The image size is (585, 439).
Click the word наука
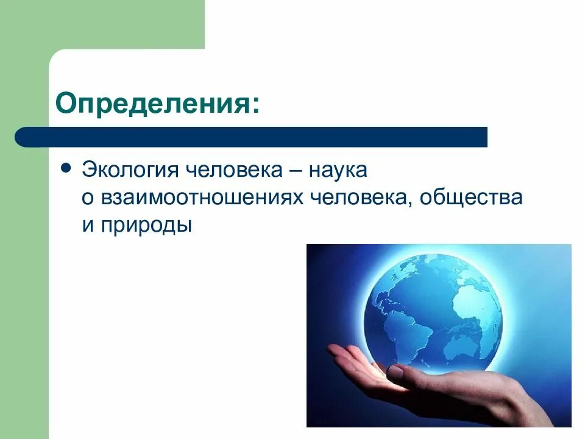point(338,170)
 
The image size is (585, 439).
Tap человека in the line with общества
point(364,198)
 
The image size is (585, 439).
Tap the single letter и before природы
point(87,226)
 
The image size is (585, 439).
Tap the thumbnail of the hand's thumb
point(395,371)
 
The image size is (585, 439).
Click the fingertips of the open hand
point(335,351)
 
